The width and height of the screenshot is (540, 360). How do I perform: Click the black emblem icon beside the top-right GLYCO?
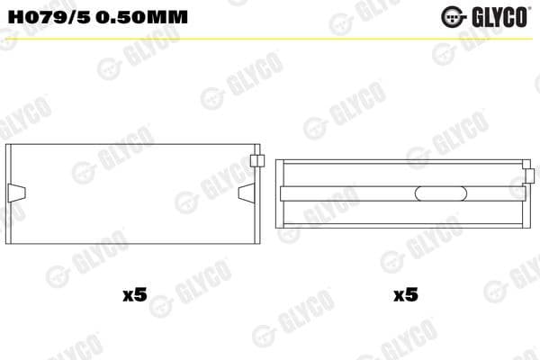click(453, 15)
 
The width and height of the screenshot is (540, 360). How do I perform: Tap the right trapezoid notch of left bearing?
click(247, 192)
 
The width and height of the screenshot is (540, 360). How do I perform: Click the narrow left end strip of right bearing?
click(279, 193)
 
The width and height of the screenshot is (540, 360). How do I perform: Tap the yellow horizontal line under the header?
click(270, 38)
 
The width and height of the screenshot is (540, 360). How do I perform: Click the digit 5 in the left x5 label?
click(139, 294)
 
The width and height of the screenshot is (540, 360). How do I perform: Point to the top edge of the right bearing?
click(400, 160)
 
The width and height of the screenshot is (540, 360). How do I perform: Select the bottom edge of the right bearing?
click(400, 227)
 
